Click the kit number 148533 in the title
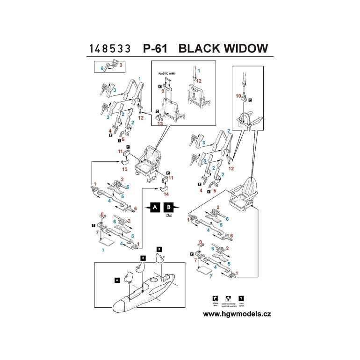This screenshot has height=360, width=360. (111, 49)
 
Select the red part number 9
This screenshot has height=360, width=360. (163, 92)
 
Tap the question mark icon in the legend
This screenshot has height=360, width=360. (242, 298)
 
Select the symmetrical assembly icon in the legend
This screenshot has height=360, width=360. (228, 298)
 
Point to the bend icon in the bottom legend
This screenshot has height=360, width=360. (214, 298)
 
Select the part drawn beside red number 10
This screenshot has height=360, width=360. (244, 100)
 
